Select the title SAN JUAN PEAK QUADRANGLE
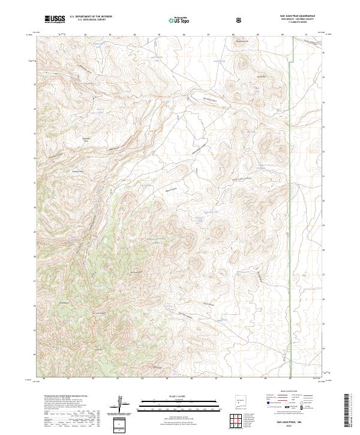(298, 16)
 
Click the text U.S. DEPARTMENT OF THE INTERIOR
(91, 17)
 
